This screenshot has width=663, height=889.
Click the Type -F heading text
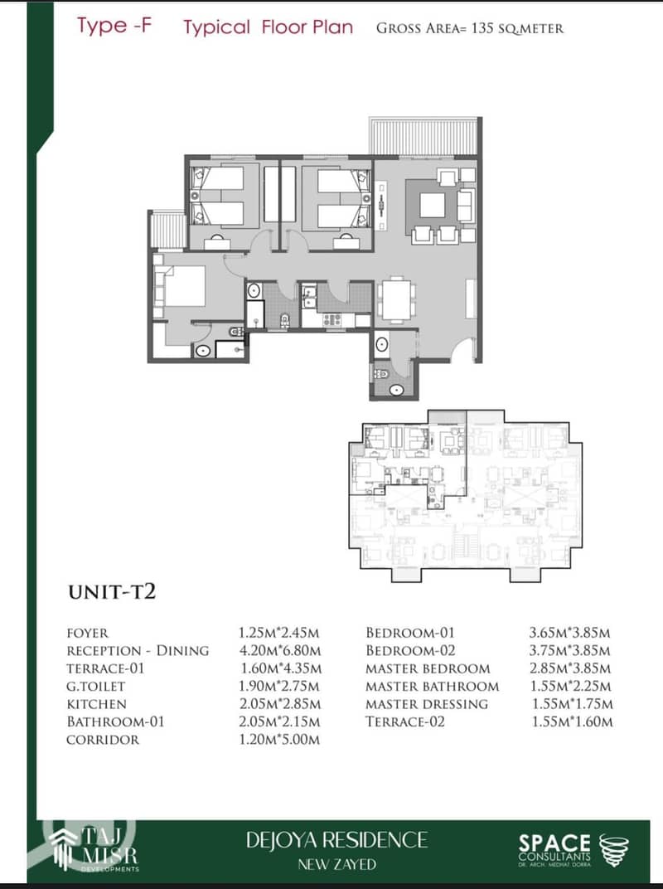click(x=114, y=26)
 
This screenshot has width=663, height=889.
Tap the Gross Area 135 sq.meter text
click(x=470, y=28)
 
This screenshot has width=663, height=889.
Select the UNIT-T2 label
click(x=112, y=592)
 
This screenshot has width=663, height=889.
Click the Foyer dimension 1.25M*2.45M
click(x=278, y=633)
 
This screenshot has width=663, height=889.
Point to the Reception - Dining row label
click(x=138, y=650)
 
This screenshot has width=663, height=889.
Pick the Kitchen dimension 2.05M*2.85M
click(x=279, y=704)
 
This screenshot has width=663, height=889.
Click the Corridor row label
click(x=103, y=740)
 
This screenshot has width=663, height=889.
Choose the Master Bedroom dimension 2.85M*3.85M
click(x=570, y=668)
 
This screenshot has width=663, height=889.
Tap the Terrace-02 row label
click(x=405, y=721)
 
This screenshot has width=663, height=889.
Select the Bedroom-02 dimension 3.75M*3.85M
click(x=569, y=650)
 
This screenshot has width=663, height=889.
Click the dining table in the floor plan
click(x=397, y=299)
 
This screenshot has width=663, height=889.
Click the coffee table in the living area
click(x=432, y=205)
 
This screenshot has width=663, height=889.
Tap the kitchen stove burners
click(x=332, y=320)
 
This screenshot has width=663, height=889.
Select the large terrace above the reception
click(x=423, y=136)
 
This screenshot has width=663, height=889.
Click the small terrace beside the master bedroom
click(x=168, y=230)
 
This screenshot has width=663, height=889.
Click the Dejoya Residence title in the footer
click(x=336, y=840)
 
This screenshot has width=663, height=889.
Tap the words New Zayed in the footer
click(x=337, y=864)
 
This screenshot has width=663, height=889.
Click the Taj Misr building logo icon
click(x=64, y=848)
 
